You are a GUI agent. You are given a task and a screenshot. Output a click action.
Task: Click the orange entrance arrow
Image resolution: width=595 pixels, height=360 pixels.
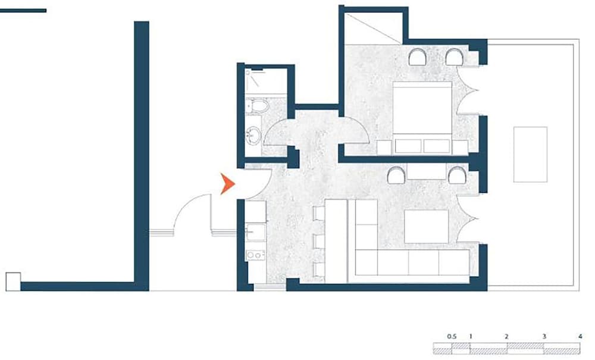[227, 184]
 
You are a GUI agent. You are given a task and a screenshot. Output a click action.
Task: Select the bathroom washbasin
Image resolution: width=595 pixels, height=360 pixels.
[253, 135]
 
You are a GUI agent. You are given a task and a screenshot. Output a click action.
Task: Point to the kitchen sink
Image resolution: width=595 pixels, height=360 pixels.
[256, 232]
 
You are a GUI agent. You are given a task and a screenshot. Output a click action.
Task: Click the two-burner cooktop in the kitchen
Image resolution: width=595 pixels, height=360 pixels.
[255, 255]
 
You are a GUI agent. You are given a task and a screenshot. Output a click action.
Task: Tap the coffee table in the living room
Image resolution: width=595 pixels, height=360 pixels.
[426, 227]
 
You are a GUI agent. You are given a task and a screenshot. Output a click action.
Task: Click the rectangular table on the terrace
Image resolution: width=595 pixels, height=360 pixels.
[530, 154]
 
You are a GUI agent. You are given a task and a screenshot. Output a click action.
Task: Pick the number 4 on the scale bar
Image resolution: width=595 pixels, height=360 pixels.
[580, 336]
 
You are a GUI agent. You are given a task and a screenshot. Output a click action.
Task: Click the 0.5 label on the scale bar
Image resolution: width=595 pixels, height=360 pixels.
[452, 336]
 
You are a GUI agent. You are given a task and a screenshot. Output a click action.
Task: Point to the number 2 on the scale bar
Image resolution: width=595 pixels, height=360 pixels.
[506, 336]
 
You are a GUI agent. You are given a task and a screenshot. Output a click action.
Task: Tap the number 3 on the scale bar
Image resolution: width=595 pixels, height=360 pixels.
[544, 336]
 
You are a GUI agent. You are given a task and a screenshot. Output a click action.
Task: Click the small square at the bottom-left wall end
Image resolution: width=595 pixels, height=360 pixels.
[13, 281]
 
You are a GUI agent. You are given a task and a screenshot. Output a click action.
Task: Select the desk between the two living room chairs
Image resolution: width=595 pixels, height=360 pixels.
[426, 171]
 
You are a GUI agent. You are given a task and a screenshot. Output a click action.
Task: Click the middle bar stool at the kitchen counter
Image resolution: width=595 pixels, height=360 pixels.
[319, 241]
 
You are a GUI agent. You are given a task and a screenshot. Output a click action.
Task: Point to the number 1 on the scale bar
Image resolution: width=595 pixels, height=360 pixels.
[471, 336]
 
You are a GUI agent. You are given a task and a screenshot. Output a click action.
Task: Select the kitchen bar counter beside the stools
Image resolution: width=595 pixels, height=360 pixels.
[336, 241]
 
